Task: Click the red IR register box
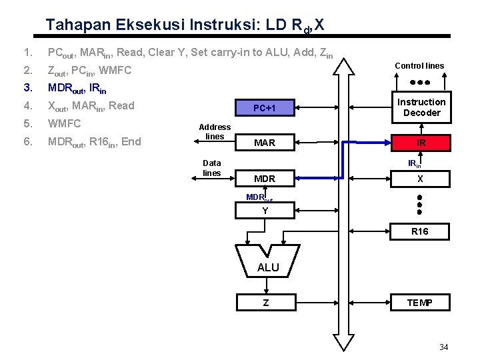pos(421,142)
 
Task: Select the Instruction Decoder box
pos(421,107)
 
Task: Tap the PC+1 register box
pos(265,108)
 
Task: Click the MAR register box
pos(265,143)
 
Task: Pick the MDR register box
pos(265,179)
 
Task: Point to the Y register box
pos(265,211)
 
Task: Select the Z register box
pos(265,303)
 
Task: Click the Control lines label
pos(419,66)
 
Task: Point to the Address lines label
pos(215,131)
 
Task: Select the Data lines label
pos(212,167)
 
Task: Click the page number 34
pos(444,347)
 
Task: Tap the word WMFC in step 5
pos(63,123)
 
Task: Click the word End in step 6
pos(131,141)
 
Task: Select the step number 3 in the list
pos(27,88)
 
